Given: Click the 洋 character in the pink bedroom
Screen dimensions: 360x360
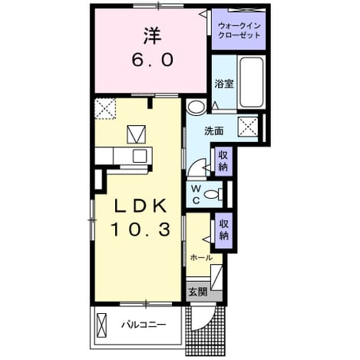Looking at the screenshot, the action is point(152,35).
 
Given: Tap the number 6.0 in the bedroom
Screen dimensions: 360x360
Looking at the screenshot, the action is point(153,60).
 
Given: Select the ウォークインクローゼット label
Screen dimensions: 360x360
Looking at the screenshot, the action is point(239,31).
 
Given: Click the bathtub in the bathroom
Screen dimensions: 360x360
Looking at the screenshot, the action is point(252,82).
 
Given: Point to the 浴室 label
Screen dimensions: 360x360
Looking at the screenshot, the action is point(224,84).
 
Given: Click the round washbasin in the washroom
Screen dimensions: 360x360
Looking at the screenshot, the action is point(196,107).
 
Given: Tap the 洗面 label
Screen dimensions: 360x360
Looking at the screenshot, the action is point(213,131).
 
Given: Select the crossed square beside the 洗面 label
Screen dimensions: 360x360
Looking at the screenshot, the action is point(248,126).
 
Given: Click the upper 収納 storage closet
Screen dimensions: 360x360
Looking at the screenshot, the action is point(223,161).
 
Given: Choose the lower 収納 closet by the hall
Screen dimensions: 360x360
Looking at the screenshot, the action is point(223,230).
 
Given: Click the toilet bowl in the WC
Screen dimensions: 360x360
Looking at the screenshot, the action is point(212,194).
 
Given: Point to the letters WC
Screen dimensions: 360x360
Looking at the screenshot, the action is point(196,195).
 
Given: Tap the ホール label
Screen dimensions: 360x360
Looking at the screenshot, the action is point(201,258).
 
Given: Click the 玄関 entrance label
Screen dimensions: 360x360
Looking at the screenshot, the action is point(197,292).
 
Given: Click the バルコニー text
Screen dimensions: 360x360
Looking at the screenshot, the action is point(144,325).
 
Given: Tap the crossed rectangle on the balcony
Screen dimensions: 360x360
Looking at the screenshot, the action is point(101,325).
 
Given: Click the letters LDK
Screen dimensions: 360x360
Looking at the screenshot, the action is point(140,206).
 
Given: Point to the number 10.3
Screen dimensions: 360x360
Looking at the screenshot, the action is point(140,230).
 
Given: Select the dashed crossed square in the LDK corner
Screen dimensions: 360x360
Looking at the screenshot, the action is point(105,109).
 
